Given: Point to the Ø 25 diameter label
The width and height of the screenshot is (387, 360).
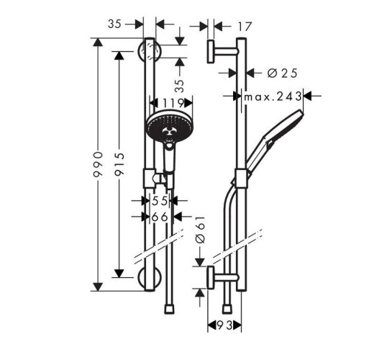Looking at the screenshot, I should (x=282, y=72).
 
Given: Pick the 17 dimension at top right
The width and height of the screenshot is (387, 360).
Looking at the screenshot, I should (x=245, y=26).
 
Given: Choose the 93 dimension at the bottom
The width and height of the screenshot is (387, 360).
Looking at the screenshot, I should (x=224, y=327).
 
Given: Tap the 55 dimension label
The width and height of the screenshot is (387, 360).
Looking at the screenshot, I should (x=159, y=202).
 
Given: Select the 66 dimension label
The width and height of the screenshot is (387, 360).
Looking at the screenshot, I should (x=159, y=216).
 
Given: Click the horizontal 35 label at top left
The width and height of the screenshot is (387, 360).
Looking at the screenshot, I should (x=114, y=24).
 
